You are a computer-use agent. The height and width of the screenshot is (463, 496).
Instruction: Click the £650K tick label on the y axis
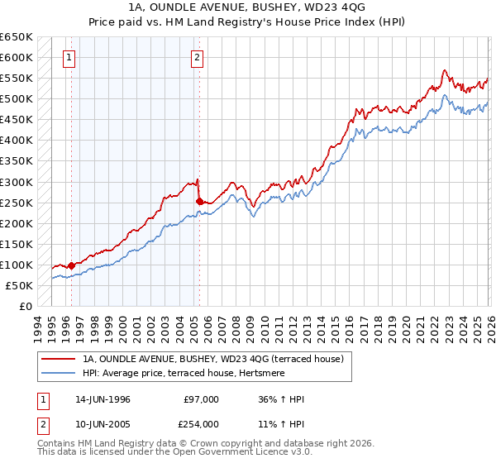[x=17, y=37]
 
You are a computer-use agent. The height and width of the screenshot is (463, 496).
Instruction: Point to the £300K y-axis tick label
[x=17, y=182]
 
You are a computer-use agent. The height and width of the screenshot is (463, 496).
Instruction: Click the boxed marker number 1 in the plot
[x=68, y=58]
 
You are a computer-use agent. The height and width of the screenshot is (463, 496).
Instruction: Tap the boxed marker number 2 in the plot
[x=198, y=58]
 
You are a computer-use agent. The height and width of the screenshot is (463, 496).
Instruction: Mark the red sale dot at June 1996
[x=72, y=265]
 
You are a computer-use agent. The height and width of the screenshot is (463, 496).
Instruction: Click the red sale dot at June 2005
[x=199, y=200]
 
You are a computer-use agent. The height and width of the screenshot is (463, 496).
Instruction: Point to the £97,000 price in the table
[x=201, y=399]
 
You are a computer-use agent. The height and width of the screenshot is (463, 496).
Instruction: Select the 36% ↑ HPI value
[x=282, y=399]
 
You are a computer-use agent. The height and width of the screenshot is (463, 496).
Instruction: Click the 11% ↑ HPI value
[x=282, y=424]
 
